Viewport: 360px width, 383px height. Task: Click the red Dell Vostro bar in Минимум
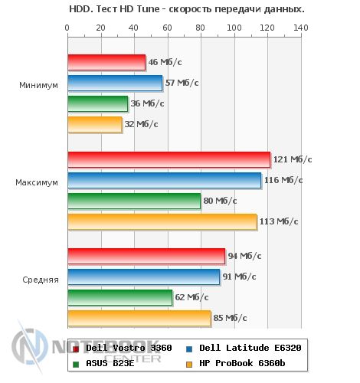click(106, 62)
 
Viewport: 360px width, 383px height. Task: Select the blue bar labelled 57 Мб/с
click(115, 83)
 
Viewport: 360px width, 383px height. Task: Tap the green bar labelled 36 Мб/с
click(98, 103)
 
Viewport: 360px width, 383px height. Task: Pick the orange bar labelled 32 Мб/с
click(95, 124)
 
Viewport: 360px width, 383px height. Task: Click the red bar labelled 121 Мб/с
click(169, 159)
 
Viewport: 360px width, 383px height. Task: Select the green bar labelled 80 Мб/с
click(134, 201)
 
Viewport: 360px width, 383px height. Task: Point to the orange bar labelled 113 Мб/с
click(162, 221)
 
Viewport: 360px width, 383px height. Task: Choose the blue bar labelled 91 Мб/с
click(144, 277)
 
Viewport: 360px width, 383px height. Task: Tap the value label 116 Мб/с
click(283, 180)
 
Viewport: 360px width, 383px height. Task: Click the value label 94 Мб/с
click(244, 256)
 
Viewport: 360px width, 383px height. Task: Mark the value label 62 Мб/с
click(191, 297)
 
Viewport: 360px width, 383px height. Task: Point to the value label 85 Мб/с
click(230, 318)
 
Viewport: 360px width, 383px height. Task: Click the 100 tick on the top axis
click(234, 28)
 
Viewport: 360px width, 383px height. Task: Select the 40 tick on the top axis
click(133, 28)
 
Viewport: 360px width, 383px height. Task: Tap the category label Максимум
click(37, 182)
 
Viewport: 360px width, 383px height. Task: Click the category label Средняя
click(41, 280)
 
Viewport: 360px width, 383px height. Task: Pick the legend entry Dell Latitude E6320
click(244, 348)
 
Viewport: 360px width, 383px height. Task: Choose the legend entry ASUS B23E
click(103, 363)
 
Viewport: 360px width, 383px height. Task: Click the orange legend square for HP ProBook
click(189, 364)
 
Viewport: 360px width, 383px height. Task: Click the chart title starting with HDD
click(187, 9)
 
